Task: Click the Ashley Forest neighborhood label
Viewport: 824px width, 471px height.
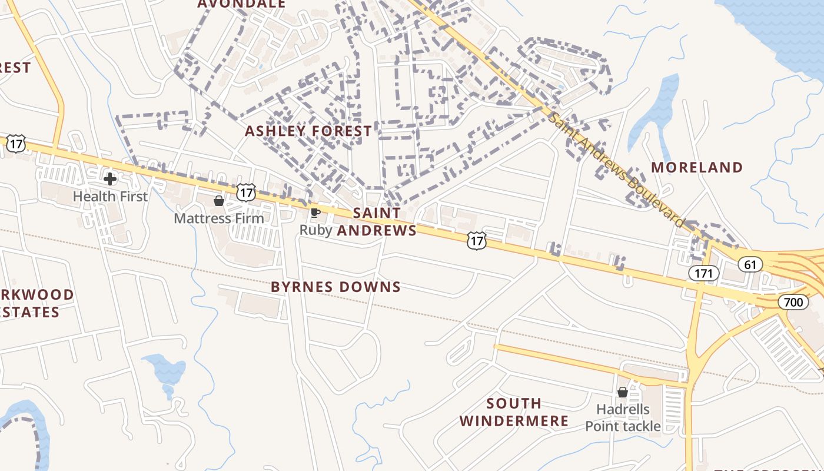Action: point(308,131)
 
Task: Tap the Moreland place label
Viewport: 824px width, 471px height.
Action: point(697,167)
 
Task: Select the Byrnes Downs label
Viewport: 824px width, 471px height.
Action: point(335,287)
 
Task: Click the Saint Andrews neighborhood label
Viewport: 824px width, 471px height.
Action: point(377,221)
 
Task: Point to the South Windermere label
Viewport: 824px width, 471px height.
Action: point(514,412)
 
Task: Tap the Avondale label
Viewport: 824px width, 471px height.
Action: point(241,4)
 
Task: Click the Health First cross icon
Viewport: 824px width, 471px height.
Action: point(109,178)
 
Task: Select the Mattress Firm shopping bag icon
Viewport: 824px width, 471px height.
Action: point(219,201)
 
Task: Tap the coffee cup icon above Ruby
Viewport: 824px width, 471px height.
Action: point(315,213)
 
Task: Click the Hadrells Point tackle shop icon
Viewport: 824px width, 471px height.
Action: point(623,392)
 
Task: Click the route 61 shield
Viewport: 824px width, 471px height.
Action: point(750,265)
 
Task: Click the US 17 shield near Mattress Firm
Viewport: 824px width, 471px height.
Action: point(247,191)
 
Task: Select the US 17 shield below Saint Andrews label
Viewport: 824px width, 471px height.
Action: point(477,240)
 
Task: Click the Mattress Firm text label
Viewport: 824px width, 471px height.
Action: point(219,218)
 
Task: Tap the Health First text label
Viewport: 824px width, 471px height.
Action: point(110,196)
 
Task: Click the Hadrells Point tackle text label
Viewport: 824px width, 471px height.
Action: point(623,417)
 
